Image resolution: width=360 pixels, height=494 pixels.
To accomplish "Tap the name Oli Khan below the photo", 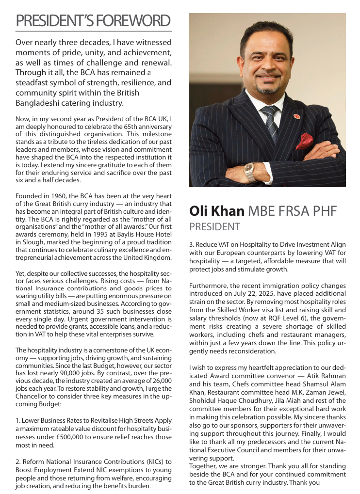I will point(216,211).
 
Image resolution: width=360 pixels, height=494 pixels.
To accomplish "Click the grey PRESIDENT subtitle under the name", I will point(214,227).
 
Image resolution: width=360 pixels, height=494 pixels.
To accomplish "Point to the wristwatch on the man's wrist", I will point(249,171).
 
